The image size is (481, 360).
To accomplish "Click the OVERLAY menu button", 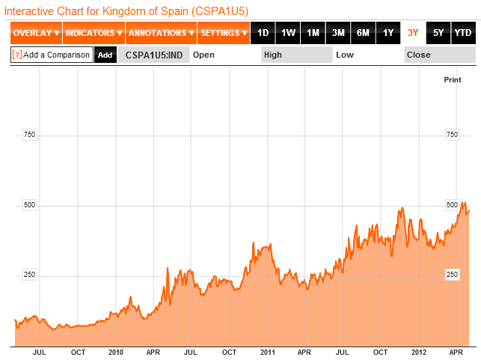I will tap(36, 33).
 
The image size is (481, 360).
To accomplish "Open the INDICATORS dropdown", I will tap(94, 33).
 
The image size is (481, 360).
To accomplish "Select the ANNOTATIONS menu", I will tap(161, 33).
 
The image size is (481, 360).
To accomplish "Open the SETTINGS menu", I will tap(224, 33).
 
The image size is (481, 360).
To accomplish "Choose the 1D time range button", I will tap(263, 33).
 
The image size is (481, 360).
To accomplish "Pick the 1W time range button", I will tap(288, 33).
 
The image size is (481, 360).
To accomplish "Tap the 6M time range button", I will tap(363, 33).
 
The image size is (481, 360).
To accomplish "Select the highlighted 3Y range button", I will tap(413, 33).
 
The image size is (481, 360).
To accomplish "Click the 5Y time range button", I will tap(438, 33).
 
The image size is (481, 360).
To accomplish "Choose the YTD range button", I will tap(463, 33).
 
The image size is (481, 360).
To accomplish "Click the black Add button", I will tap(105, 55).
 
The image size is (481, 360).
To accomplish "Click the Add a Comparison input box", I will tap(52, 55).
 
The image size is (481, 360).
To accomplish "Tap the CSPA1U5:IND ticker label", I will tap(153, 55).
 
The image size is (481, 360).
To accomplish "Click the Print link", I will tap(453, 79).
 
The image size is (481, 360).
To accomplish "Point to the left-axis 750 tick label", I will tap(30, 135).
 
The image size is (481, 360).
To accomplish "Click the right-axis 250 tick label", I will tap(452, 275).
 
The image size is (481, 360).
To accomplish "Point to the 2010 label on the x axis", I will tap(115, 352).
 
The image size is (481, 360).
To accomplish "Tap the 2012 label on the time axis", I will tap(419, 352).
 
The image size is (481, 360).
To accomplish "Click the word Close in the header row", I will tap(418, 55).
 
